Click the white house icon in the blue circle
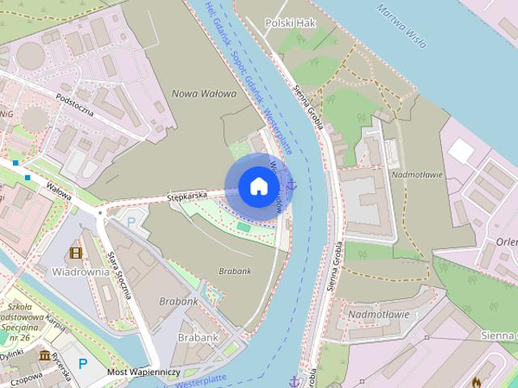258,186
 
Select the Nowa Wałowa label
204,94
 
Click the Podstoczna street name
74,106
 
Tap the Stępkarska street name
187,196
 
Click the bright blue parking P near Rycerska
82,364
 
